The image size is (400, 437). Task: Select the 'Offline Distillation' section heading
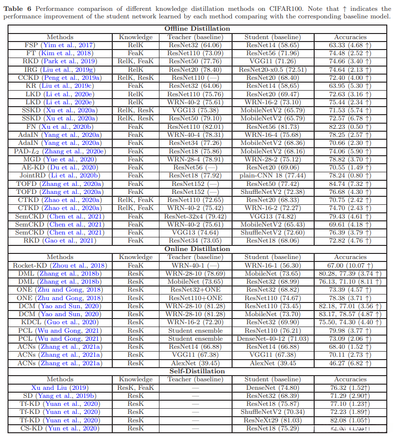[x=197, y=29]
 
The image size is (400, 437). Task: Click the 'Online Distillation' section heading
[x=197, y=249]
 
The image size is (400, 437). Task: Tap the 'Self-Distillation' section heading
[x=197, y=371]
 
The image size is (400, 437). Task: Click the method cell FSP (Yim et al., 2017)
[x=60, y=45]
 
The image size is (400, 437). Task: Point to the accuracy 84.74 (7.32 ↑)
[x=350, y=183]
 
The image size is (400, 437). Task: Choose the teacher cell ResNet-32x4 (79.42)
[x=195, y=216]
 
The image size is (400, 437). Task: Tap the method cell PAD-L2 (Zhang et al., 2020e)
[x=60, y=151]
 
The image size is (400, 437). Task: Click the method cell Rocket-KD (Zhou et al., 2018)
[x=60, y=265]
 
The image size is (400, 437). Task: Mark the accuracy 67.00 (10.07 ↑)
[x=350, y=265]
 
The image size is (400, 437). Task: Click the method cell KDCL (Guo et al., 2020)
[x=60, y=322]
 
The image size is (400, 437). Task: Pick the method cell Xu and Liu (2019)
[x=60, y=388]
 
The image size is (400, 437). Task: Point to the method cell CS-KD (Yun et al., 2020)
[x=60, y=429]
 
